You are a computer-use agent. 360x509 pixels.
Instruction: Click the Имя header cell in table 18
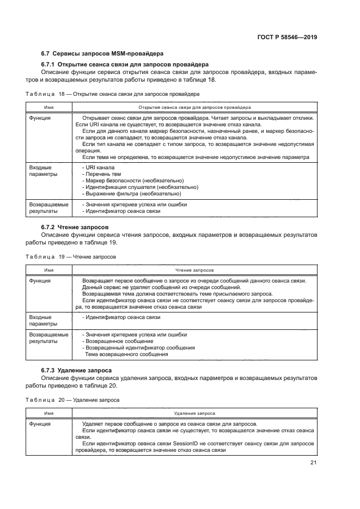[48, 107]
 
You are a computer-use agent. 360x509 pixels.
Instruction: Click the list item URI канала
[98, 167]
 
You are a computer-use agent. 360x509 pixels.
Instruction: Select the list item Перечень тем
[101, 174]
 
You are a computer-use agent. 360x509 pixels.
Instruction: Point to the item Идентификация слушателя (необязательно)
[139, 187]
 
